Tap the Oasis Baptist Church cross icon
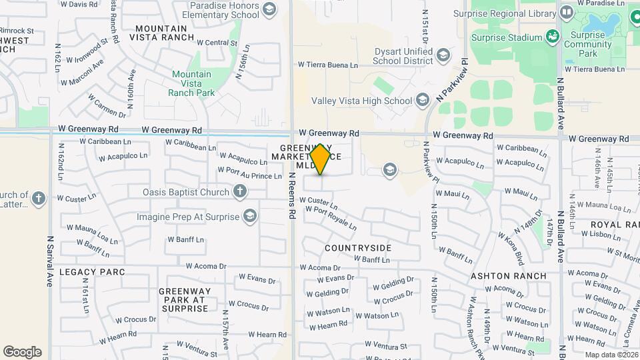pos(240,193)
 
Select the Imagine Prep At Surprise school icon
pos(250,216)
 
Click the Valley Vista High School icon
pos(421,101)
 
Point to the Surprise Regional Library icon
pos(566,13)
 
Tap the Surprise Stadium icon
pos(552,35)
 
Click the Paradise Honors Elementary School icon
pos(269,9)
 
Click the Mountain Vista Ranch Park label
pos(193,83)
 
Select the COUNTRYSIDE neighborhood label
pos(358,248)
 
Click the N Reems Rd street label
pos(292,197)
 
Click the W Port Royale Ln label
pos(331,217)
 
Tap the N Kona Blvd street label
pos(511,243)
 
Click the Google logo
pos(22,352)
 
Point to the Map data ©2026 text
pos(611,355)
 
